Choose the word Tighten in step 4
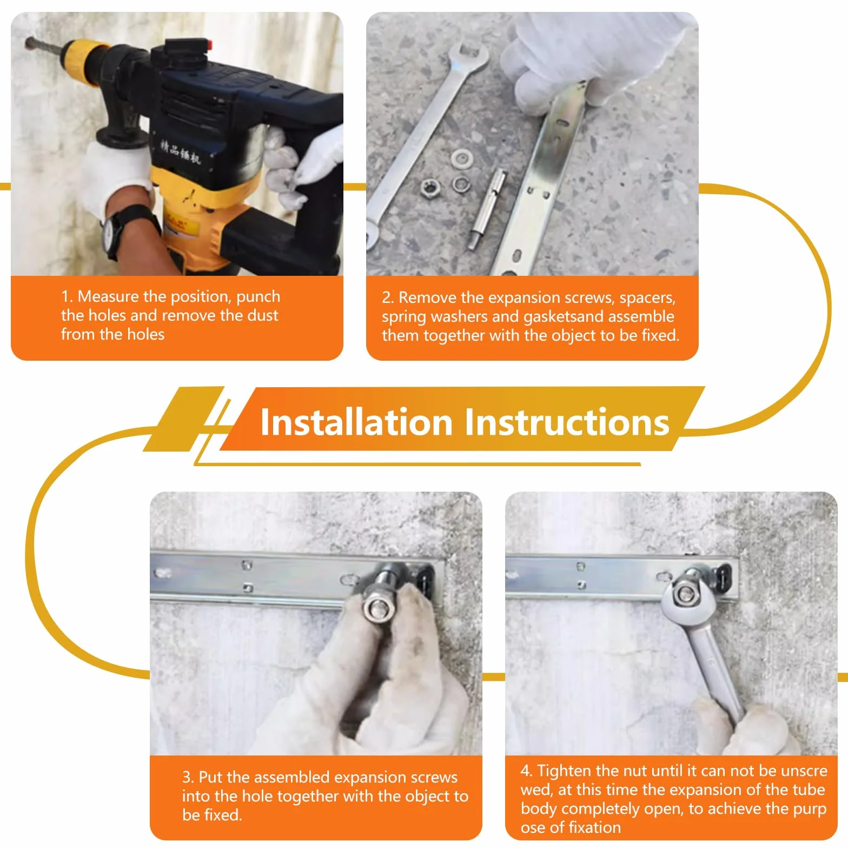pos(564,771)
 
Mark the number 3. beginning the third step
pos(188,777)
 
